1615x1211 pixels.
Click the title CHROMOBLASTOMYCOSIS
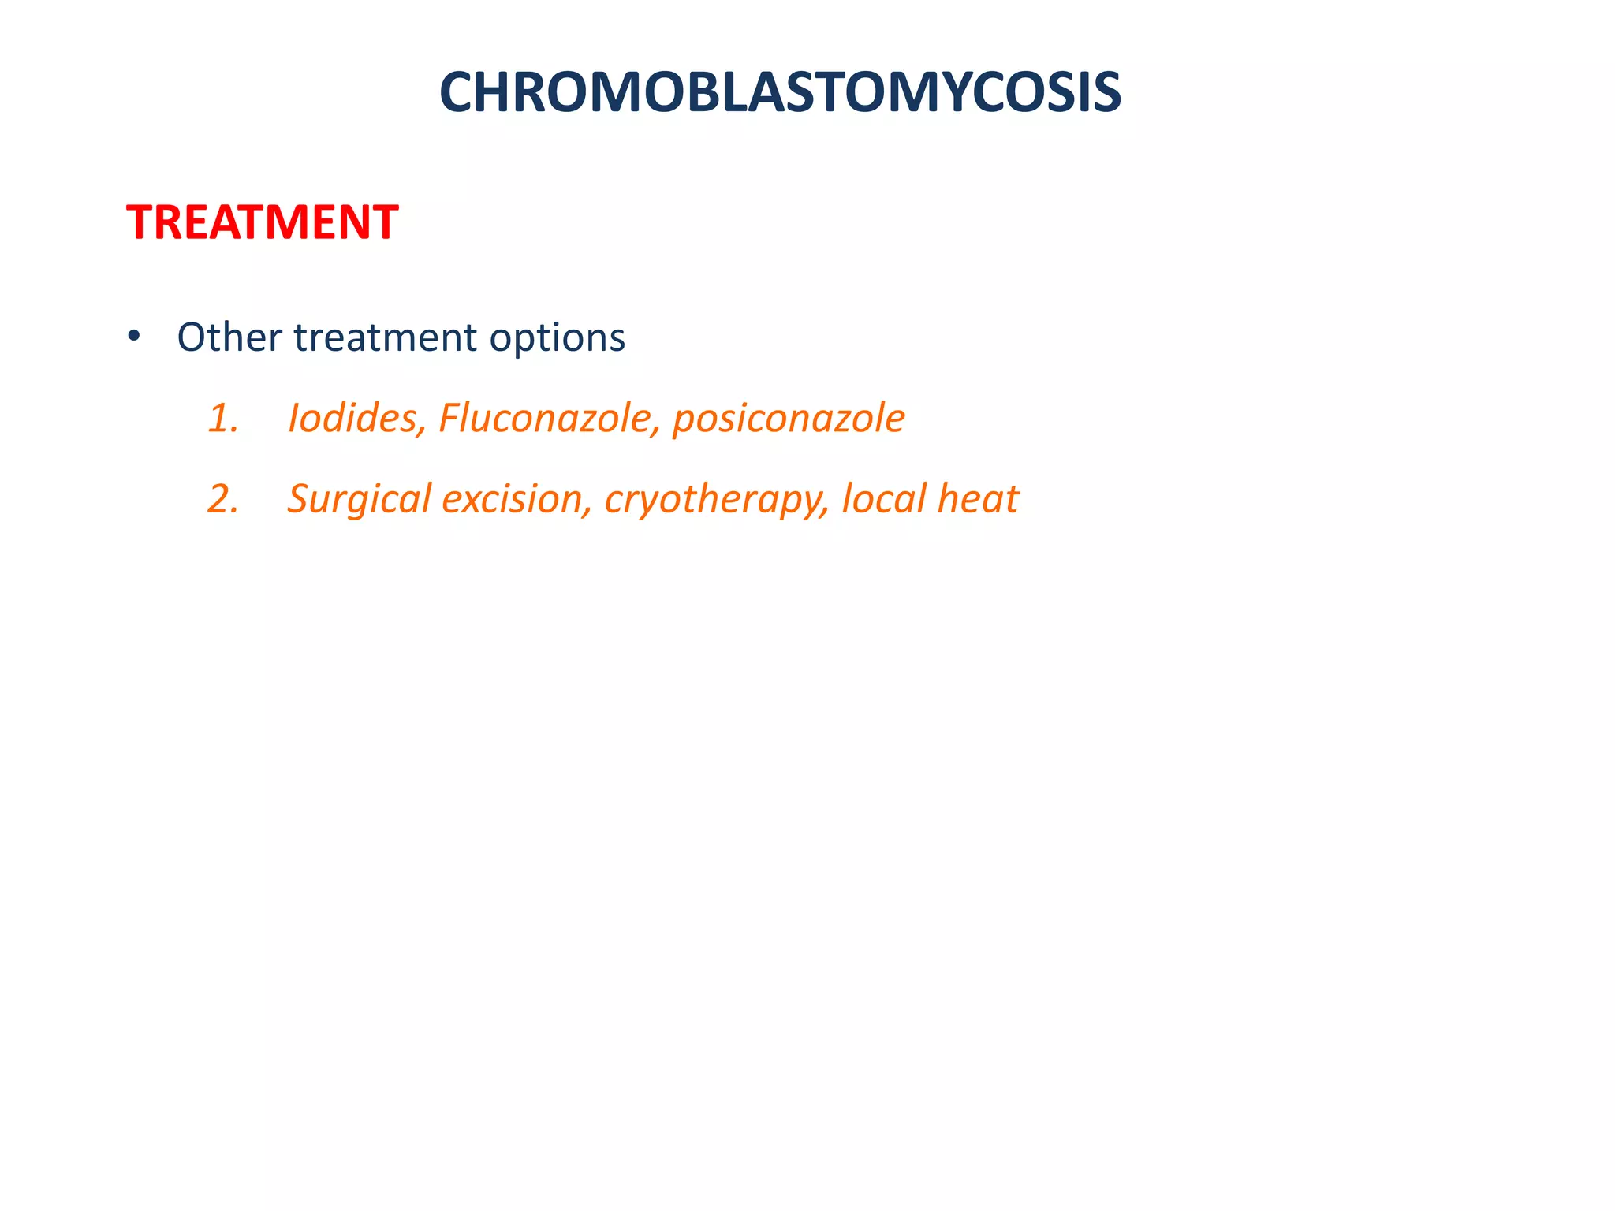780,93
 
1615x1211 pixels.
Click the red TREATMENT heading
262,222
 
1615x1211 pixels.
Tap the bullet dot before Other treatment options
133,337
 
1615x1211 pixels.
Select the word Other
229,337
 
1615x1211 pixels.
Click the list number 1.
222,418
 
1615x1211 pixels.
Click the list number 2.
222,499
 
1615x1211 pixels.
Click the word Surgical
359,500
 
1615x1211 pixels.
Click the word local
883,499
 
